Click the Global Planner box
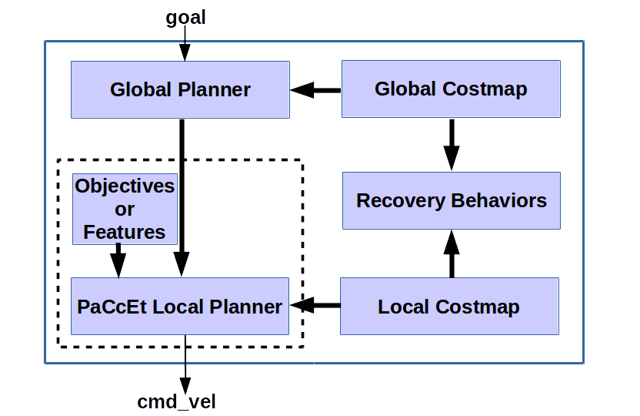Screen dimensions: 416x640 tap(180, 89)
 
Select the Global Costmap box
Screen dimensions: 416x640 tap(451, 89)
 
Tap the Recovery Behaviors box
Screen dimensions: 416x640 tap(452, 201)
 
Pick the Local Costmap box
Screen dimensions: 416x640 tap(448, 307)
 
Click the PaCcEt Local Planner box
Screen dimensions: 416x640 tap(180, 307)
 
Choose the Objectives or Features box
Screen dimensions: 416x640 tap(124, 210)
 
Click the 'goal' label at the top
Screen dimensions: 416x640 tap(185, 18)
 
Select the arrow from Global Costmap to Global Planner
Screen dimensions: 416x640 tap(315, 90)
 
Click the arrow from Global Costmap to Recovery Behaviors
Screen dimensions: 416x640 tap(452, 144)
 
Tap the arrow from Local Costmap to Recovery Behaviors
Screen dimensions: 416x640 tap(452, 253)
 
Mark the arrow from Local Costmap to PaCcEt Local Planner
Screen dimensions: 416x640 tap(315, 306)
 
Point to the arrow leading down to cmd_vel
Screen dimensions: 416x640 tap(185, 362)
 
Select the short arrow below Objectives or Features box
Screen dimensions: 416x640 tap(118, 260)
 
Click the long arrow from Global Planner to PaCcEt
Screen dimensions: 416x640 tap(182, 196)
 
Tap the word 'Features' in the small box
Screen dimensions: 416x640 tap(124, 232)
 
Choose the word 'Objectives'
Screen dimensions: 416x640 tap(125, 186)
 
